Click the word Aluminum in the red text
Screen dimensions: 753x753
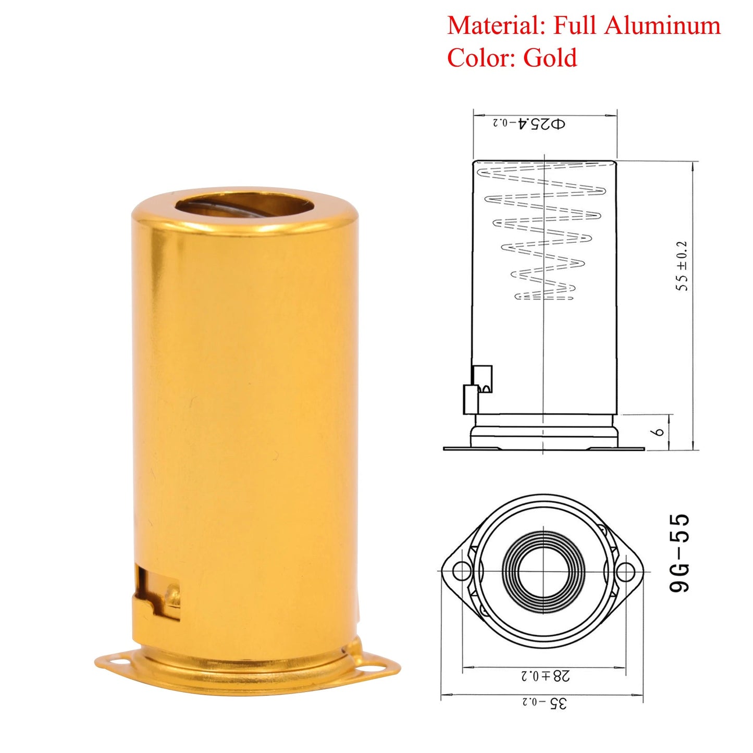click(x=662, y=26)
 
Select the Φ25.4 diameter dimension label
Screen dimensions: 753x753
click(x=529, y=124)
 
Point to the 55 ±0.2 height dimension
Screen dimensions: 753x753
click(x=682, y=266)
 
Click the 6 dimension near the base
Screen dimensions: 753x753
click(x=659, y=432)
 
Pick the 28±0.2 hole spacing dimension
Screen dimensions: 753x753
click(x=545, y=676)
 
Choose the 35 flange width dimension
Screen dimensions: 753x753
click(x=545, y=702)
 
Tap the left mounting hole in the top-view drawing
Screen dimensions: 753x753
click(x=461, y=571)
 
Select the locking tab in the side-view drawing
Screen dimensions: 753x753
click(x=478, y=389)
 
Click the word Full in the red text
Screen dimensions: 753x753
click(x=575, y=26)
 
